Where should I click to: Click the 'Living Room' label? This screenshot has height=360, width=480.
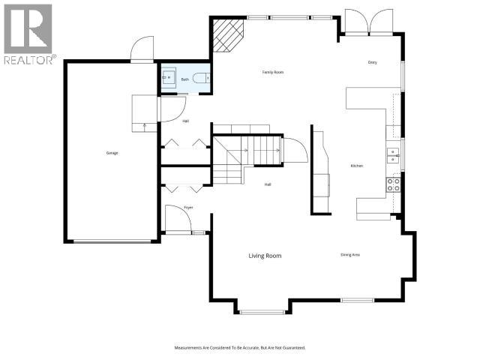265,256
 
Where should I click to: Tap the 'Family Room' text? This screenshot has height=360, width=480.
272,72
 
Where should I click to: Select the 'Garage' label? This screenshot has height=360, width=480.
112,153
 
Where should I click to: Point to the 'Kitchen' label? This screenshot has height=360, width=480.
357,166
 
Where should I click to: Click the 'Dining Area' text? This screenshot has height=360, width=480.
350,255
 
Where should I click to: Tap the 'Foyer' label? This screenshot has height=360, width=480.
168,208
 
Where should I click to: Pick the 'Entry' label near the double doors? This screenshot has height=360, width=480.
372,62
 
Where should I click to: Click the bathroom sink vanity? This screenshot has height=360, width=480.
167,77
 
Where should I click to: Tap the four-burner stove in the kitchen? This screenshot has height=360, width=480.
393,184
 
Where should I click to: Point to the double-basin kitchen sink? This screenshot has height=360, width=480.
392,155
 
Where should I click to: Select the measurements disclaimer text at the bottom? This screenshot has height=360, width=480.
240,348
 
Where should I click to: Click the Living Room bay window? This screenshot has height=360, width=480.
262,310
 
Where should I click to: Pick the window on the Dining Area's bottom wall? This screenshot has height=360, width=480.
357,301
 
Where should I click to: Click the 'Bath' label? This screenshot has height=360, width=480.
184,79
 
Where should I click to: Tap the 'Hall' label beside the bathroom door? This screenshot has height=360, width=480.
165,121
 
